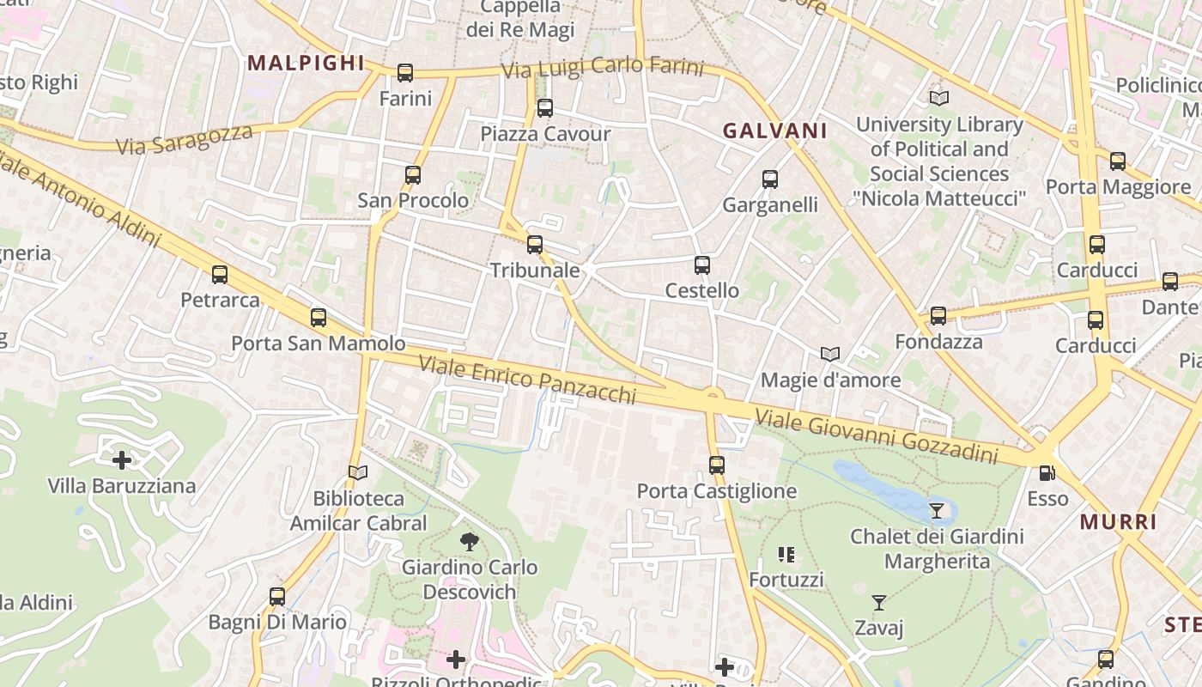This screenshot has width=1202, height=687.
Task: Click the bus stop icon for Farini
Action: click(x=405, y=73)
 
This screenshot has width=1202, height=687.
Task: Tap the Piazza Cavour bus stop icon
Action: click(x=545, y=108)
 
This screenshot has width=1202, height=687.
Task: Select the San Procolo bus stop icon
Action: click(x=413, y=175)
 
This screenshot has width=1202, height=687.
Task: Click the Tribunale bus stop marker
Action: click(x=535, y=245)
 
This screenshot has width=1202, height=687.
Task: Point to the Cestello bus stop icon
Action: click(x=702, y=265)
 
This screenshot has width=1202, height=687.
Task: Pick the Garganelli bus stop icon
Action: click(x=770, y=179)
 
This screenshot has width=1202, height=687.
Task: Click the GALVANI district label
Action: click(x=774, y=131)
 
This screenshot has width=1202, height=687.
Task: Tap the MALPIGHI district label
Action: click(x=306, y=63)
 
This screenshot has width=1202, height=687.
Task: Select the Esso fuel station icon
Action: click(x=1047, y=473)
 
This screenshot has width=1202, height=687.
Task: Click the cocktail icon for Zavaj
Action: click(x=879, y=603)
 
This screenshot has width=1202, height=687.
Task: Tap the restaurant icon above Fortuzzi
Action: click(x=786, y=555)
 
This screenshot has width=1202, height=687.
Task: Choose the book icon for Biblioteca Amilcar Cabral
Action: click(x=358, y=472)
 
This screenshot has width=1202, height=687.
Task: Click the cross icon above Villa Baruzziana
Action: click(x=122, y=460)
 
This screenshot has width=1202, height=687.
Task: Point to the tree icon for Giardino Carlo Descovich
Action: click(x=469, y=542)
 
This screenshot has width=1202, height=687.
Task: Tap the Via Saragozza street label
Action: click(x=185, y=139)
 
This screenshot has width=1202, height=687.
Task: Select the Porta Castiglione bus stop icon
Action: click(x=717, y=465)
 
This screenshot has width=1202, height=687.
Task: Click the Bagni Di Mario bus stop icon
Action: click(x=277, y=597)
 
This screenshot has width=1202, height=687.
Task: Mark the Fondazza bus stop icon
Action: click(x=938, y=316)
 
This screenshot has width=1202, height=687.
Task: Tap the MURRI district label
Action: click(x=1118, y=522)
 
